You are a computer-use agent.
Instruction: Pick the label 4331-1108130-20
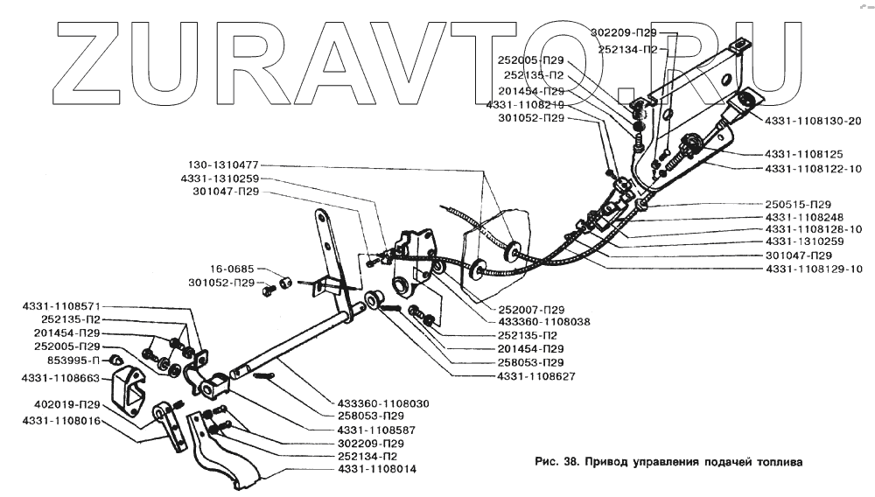[812, 121]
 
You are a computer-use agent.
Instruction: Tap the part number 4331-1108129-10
[814, 269]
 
